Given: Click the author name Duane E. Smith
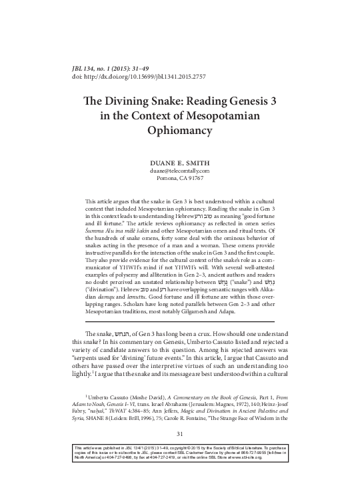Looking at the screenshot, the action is tap(179, 162).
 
